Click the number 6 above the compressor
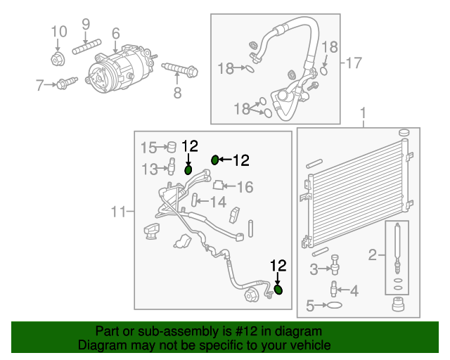click(x=115, y=33)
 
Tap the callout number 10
click(x=59, y=32)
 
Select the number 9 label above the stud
click(x=86, y=24)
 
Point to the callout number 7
click(x=40, y=86)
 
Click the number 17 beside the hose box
click(x=353, y=63)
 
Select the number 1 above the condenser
click(x=363, y=113)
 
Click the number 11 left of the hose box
click(x=118, y=211)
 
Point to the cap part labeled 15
click(x=169, y=147)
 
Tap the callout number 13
click(x=149, y=169)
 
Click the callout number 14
click(x=218, y=202)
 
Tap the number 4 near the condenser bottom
click(x=354, y=290)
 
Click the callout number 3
click(x=315, y=268)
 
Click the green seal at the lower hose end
click(x=278, y=290)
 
